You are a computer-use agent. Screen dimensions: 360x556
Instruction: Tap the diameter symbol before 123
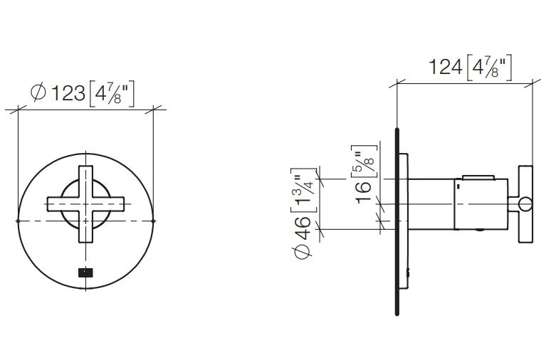[40, 93]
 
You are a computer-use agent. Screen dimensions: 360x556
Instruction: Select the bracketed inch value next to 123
[111, 93]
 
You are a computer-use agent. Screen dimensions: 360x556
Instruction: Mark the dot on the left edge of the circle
[17, 222]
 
